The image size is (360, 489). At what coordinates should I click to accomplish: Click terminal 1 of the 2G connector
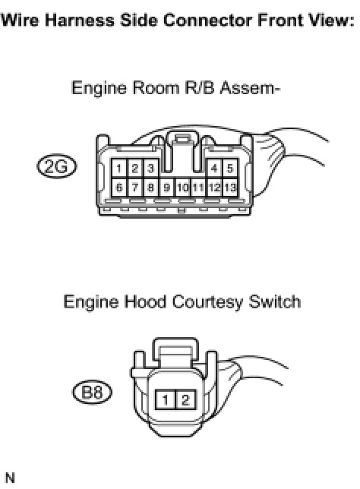[x=118, y=169]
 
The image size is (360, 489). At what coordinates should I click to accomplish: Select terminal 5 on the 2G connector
[x=230, y=169]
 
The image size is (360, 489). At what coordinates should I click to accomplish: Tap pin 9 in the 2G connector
[x=167, y=188]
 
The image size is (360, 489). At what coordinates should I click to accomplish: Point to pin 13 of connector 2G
[x=230, y=188]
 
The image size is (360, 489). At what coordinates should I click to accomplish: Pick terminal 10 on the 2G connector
[x=183, y=188]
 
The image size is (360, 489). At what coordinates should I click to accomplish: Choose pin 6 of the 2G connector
[x=118, y=188]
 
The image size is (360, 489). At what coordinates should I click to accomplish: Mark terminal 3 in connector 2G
[x=150, y=169]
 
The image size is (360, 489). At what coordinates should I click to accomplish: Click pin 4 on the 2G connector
[x=214, y=169]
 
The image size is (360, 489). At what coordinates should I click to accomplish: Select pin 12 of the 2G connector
[x=214, y=188]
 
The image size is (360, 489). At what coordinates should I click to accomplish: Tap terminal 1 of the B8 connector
[x=166, y=399]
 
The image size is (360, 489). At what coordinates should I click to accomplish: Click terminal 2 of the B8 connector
[x=186, y=399]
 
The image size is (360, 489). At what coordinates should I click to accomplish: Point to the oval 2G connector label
[x=56, y=166]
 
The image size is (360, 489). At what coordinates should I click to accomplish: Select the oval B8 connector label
[x=92, y=392]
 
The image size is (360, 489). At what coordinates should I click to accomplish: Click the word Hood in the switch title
[x=145, y=302]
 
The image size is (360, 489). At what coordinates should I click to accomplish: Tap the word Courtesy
[x=207, y=302]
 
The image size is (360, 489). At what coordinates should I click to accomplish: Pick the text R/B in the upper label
[x=200, y=87]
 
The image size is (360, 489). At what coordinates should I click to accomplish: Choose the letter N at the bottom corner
[x=11, y=478]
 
